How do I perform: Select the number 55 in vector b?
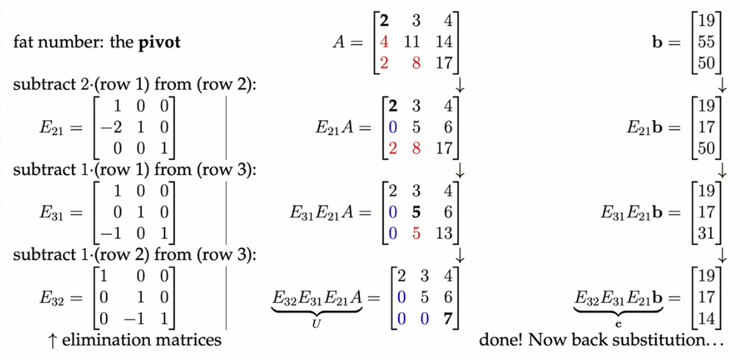point(706,43)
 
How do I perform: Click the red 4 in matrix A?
point(384,43)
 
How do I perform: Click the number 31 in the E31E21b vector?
point(706,233)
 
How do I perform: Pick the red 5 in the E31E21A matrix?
point(416,233)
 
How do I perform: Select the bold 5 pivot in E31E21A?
point(416,211)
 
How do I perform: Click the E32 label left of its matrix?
point(52,298)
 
